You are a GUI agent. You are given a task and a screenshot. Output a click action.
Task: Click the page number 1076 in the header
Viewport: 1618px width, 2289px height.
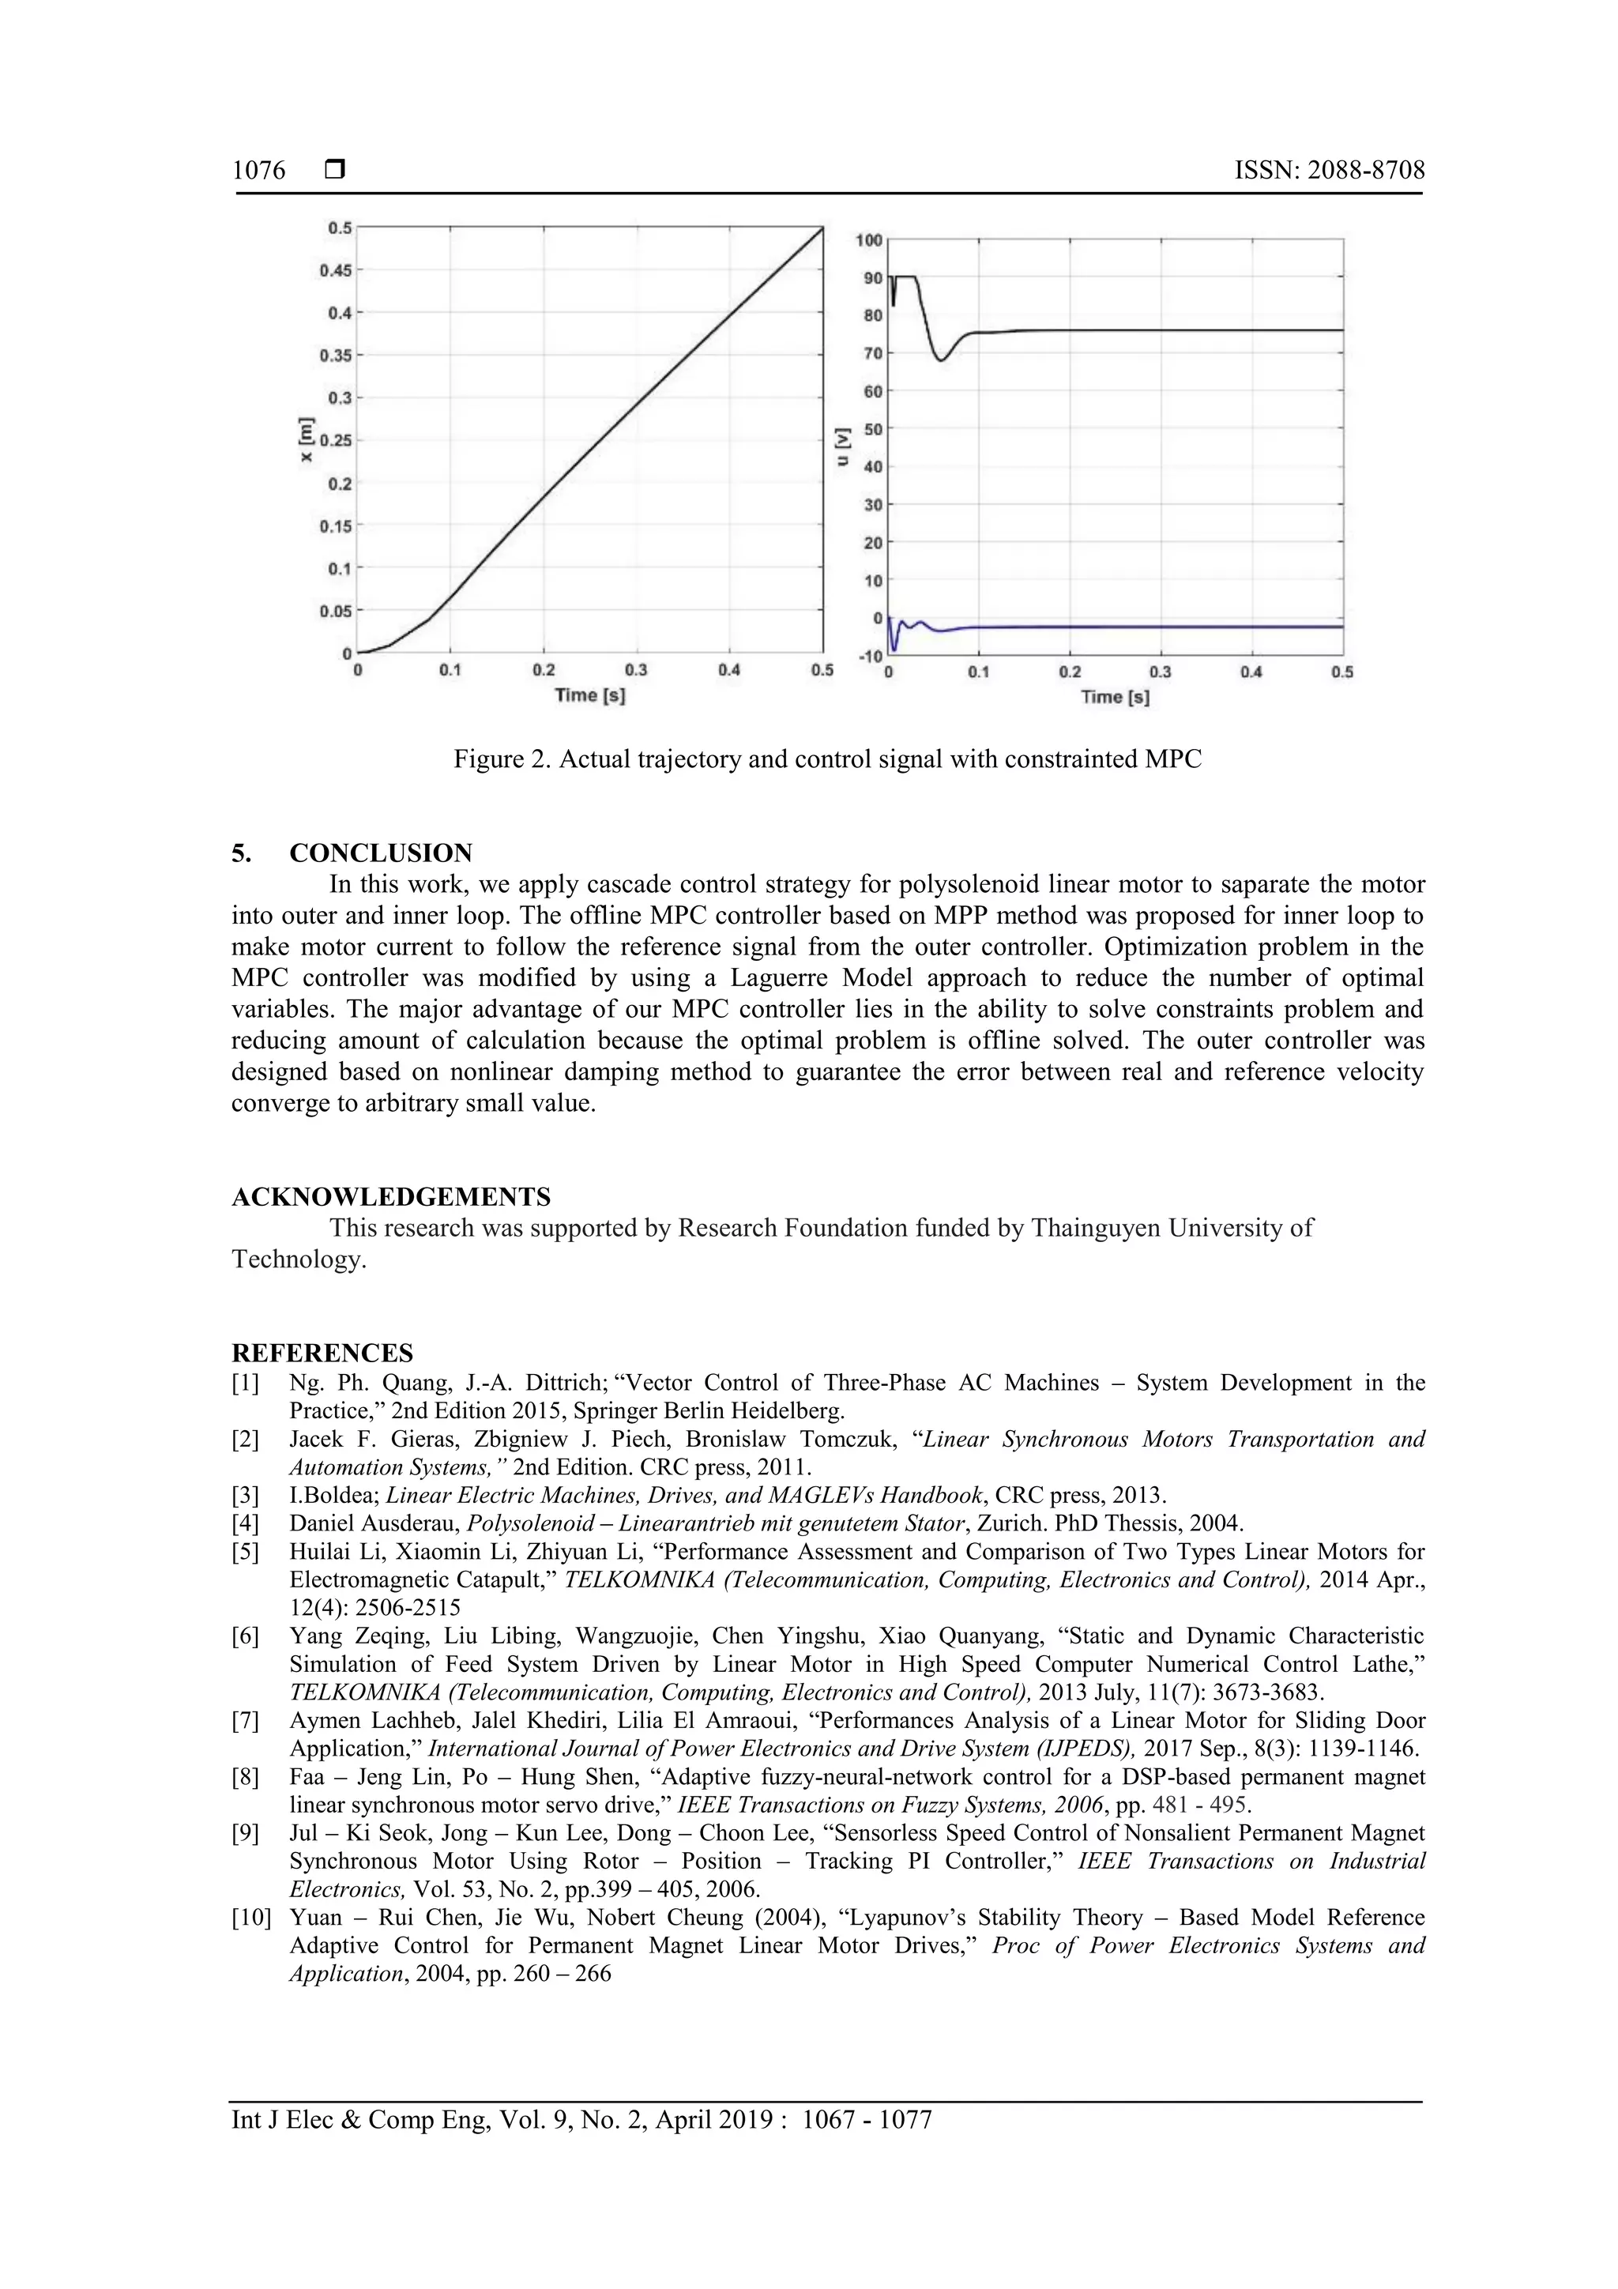[x=258, y=171]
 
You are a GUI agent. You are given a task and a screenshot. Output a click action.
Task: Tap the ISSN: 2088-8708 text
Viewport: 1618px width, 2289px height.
[x=1329, y=171]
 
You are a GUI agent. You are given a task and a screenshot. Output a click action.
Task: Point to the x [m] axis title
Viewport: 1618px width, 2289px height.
[x=306, y=439]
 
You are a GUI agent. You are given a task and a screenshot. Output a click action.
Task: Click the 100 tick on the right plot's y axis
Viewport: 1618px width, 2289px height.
[x=868, y=240]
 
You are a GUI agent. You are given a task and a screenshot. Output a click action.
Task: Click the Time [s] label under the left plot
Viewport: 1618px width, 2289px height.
[x=590, y=695]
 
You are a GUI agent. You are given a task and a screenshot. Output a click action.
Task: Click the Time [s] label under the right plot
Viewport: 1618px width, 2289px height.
[x=1115, y=697]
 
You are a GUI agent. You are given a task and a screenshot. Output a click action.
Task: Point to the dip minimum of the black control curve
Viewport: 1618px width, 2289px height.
[x=940, y=360]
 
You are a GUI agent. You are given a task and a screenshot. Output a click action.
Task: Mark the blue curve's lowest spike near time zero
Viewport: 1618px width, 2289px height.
[x=894, y=649]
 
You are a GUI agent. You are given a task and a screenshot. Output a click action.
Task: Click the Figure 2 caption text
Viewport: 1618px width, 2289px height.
[x=826, y=759]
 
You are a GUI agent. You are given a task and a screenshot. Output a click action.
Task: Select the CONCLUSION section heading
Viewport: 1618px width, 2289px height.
[x=380, y=853]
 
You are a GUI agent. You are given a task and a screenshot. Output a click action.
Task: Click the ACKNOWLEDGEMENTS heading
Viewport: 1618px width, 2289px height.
[x=391, y=1196]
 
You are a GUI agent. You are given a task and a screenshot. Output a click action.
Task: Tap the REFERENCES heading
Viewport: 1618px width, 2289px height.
[x=322, y=1353]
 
